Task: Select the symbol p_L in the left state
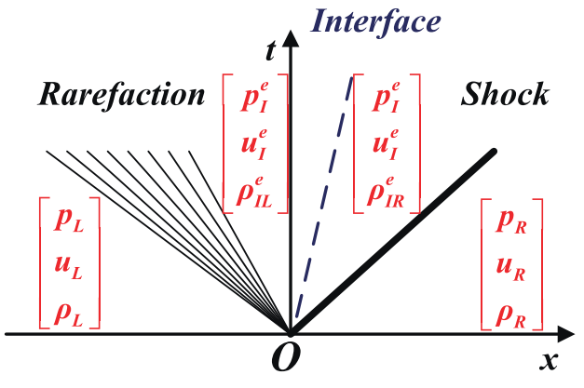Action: coord(70,220)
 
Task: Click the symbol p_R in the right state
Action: coord(510,220)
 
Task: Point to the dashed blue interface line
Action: coord(326,186)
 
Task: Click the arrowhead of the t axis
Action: coord(292,35)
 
